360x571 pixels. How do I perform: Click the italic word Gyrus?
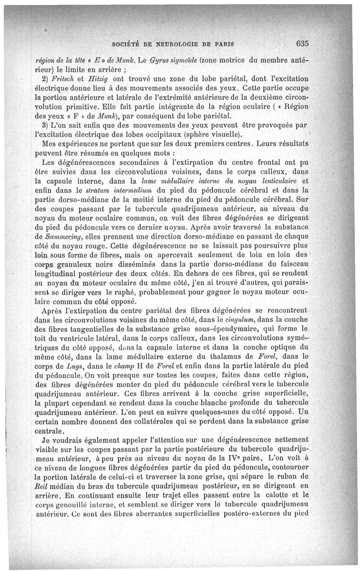coord(162,60)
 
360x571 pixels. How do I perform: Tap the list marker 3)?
coord(45,124)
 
